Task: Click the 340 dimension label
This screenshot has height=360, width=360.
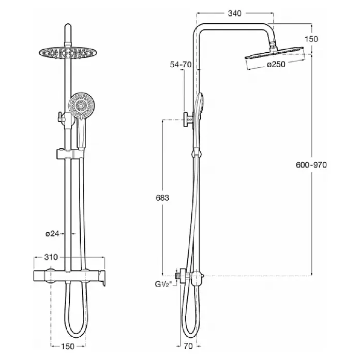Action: [235, 13]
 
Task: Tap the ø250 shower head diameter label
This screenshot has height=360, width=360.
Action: [276, 65]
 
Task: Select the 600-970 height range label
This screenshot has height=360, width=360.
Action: [311, 165]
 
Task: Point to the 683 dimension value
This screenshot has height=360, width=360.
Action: [162, 198]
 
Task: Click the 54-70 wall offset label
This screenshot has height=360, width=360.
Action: [181, 65]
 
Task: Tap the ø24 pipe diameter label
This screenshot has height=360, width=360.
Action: [52, 234]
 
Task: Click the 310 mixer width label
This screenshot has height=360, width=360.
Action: [51, 257]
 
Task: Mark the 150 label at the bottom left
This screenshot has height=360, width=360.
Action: [68, 346]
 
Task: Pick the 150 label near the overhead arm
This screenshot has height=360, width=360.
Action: [311, 39]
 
